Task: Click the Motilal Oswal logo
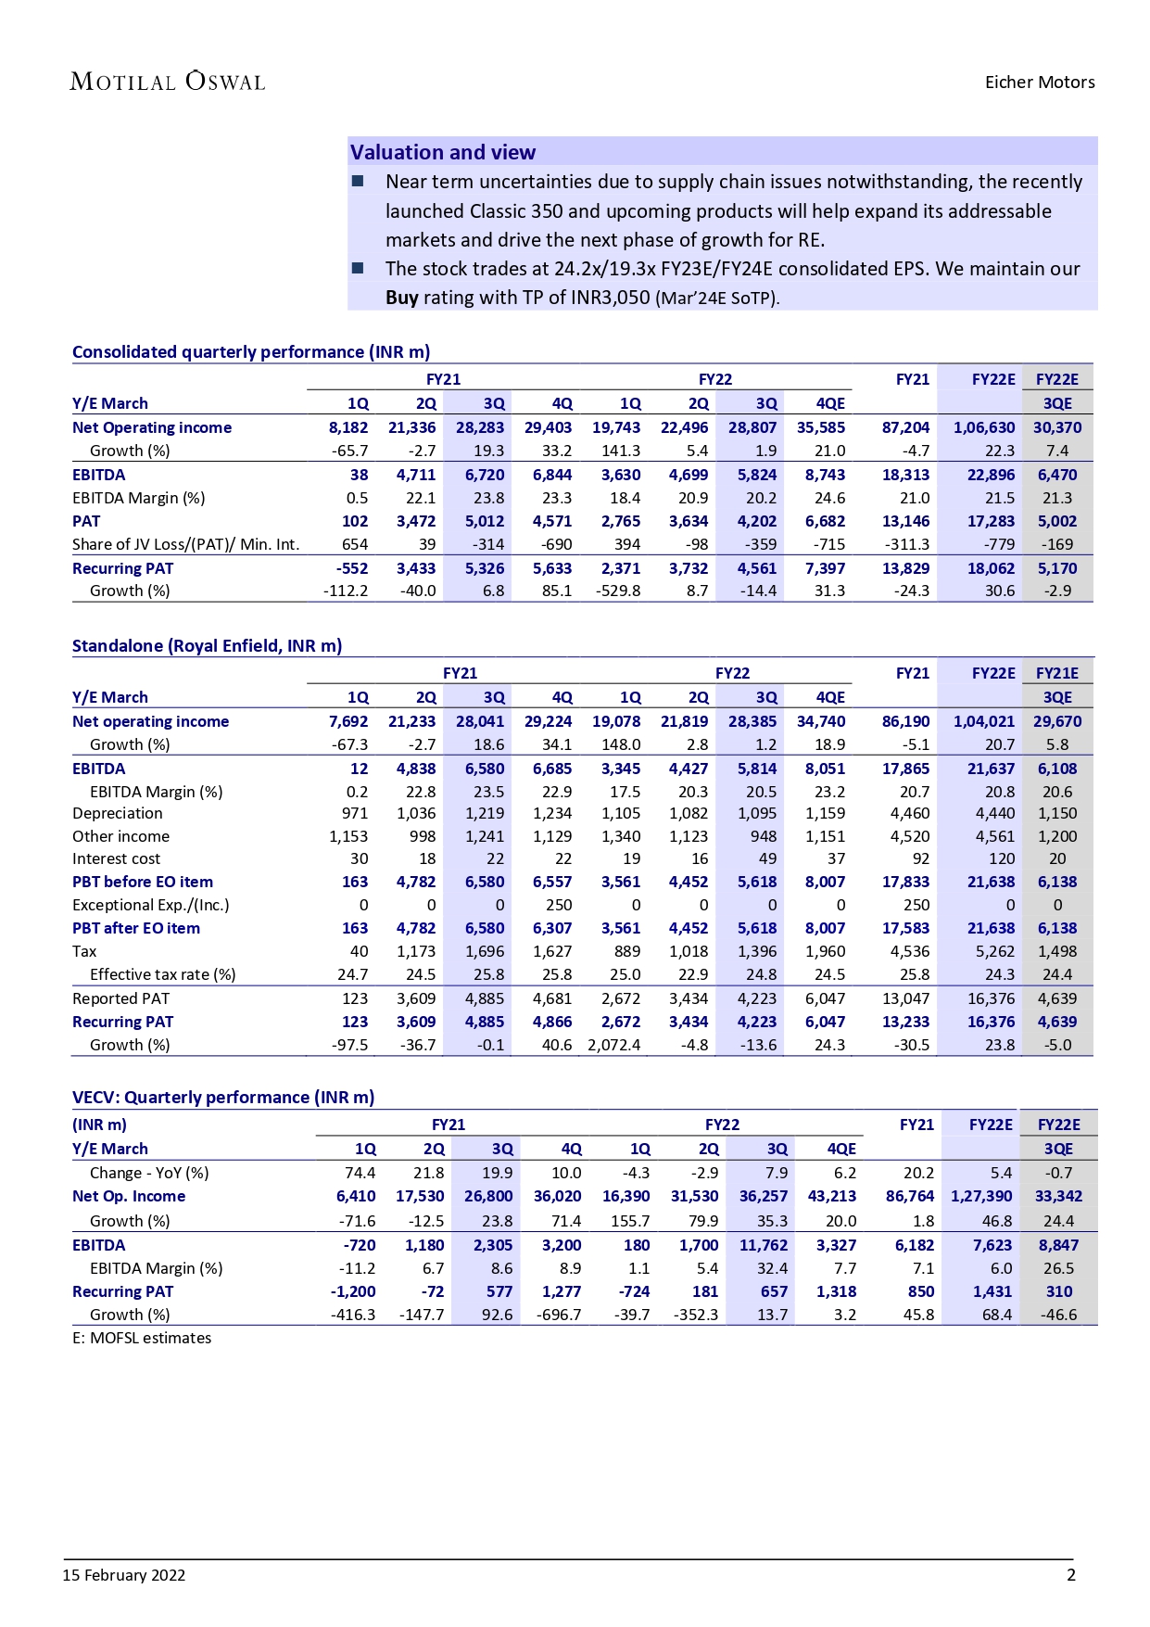(x=168, y=82)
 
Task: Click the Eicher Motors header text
(x=1039, y=82)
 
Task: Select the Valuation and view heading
(x=443, y=152)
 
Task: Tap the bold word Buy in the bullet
(x=402, y=298)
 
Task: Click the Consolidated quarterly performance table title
(x=251, y=352)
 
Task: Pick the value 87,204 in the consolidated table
(x=905, y=427)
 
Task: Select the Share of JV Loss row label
(x=185, y=544)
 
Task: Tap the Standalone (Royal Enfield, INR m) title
(x=207, y=646)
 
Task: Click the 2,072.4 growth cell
(x=614, y=1045)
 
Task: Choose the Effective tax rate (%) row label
(x=162, y=974)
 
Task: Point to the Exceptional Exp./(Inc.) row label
(x=150, y=905)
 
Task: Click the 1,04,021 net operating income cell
(x=984, y=721)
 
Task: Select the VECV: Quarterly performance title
(x=223, y=1098)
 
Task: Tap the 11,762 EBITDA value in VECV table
(x=763, y=1245)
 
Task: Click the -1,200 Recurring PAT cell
(x=353, y=1291)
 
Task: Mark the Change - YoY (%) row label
(x=149, y=1173)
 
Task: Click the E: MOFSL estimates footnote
(x=142, y=1338)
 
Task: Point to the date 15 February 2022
(x=124, y=1575)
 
